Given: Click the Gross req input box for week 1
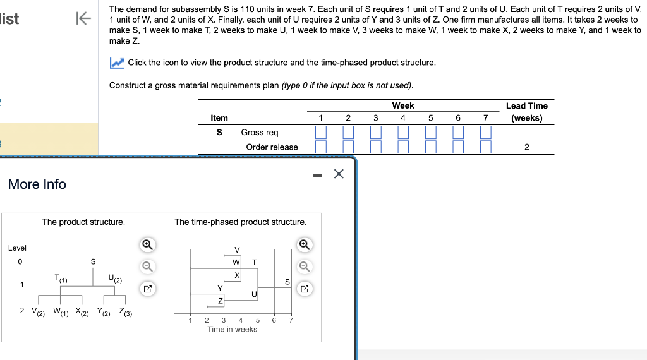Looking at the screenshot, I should [321, 133].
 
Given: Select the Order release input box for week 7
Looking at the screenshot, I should [485, 147].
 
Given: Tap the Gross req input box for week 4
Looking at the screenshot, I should [403, 133].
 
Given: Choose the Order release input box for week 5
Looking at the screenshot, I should [430, 147].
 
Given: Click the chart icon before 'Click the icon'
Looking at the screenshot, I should [117, 63].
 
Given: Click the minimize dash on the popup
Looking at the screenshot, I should [318, 174].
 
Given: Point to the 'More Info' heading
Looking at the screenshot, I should [37, 184].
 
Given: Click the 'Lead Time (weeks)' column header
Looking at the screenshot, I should [526, 112].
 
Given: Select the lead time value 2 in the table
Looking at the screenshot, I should [527, 147].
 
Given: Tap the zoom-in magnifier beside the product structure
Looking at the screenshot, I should [147, 244].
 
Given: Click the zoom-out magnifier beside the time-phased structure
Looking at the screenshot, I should [305, 267].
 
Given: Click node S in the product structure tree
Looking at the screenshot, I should [93, 261].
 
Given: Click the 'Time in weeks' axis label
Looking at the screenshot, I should [232, 330].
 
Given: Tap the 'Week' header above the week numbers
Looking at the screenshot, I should [403, 105].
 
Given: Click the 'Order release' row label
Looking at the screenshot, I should [272, 147].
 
